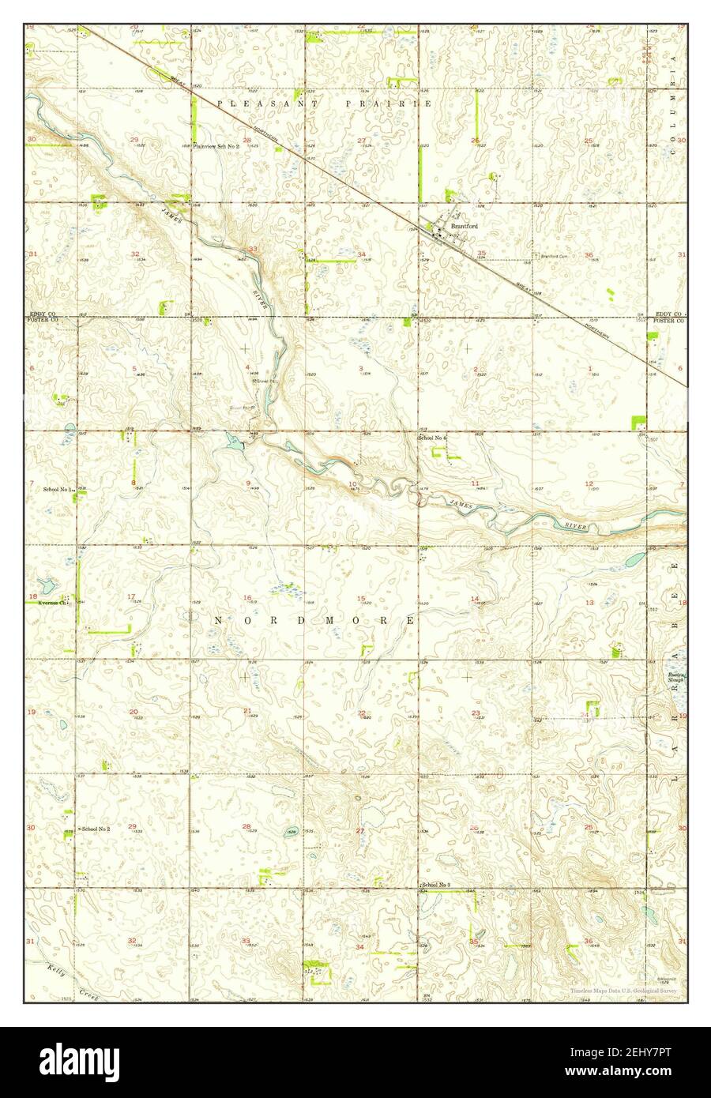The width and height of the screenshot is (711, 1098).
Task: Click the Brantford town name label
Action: pyautogui.click(x=464, y=226)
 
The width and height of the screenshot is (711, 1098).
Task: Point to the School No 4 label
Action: pyautogui.click(x=432, y=438)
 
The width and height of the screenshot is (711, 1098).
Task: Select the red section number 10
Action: pyautogui.click(x=352, y=483)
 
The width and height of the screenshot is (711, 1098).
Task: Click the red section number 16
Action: pyautogui.click(x=247, y=597)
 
